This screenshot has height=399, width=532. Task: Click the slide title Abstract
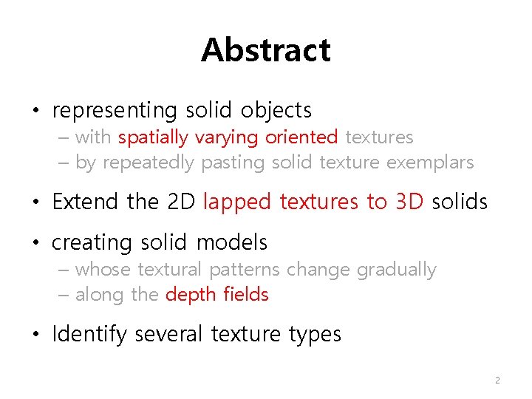pos(265,50)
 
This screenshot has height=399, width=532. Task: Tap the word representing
pos(115,111)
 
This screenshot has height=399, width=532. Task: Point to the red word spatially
pos(154,137)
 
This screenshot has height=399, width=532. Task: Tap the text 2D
pos(182,201)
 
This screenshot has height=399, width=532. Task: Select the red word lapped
pos(237,201)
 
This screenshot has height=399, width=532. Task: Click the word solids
pos(460,201)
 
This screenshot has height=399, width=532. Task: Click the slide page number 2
pos(497,381)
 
